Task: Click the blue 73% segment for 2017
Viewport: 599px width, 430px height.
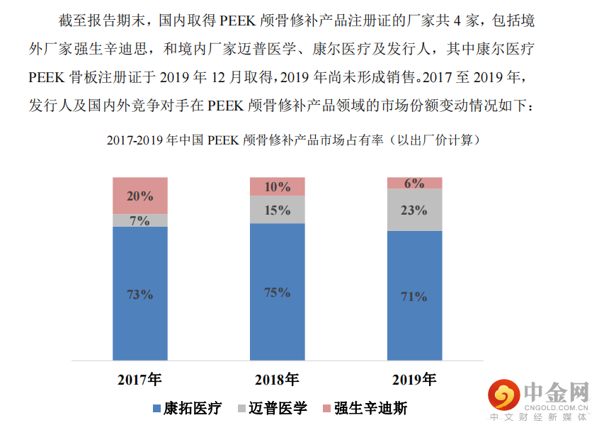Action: pyautogui.click(x=140, y=294)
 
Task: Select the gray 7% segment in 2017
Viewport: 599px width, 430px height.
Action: pyautogui.click(x=140, y=220)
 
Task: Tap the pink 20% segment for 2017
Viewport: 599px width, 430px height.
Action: pyautogui.click(x=140, y=196)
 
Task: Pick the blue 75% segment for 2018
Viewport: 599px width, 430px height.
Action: pyautogui.click(x=278, y=292)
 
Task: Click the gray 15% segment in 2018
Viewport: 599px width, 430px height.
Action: pyautogui.click(x=278, y=210)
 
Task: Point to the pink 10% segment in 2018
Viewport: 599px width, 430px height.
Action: pyautogui.click(x=278, y=187)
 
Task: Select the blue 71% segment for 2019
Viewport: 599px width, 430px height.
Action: pyautogui.click(x=414, y=296)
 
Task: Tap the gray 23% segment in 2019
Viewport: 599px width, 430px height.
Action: pyautogui.click(x=414, y=210)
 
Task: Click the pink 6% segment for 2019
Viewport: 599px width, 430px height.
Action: pyautogui.click(x=414, y=183)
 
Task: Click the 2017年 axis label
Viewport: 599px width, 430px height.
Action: pyautogui.click(x=140, y=379)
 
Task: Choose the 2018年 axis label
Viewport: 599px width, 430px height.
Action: pyautogui.click(x=278, y=379)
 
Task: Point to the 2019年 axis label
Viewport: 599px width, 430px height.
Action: pyautogui.click(x=414, y=379)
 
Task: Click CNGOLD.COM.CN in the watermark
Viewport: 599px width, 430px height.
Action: pyautogui.click(x=556, y=408)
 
